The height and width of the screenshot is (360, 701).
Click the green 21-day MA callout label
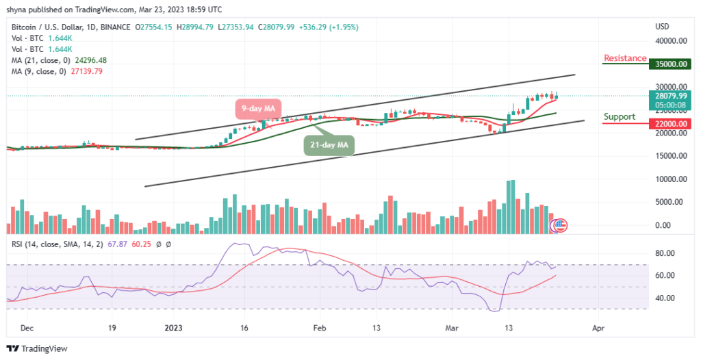pyautogui.click(x=329, y=144)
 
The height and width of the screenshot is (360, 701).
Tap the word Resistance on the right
pyautogui.click(x=625, y=58)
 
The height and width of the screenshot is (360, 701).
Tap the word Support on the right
pyautogui.click(x=619, y=116)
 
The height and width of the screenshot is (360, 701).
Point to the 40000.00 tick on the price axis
pyautogui.click(x=671, y=41)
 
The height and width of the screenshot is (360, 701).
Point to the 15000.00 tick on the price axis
pyautogui.click(x=671, y=155)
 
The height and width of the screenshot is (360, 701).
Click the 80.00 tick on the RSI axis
pyautogui.click(x=667, y=253)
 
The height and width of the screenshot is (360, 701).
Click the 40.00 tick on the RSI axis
pyautogui.click(x=667, y=298)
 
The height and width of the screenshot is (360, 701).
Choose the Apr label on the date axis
pyautogui.click(x=598, y=328)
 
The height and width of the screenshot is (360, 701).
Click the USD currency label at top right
pyautogui.click(x=662, y=27)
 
